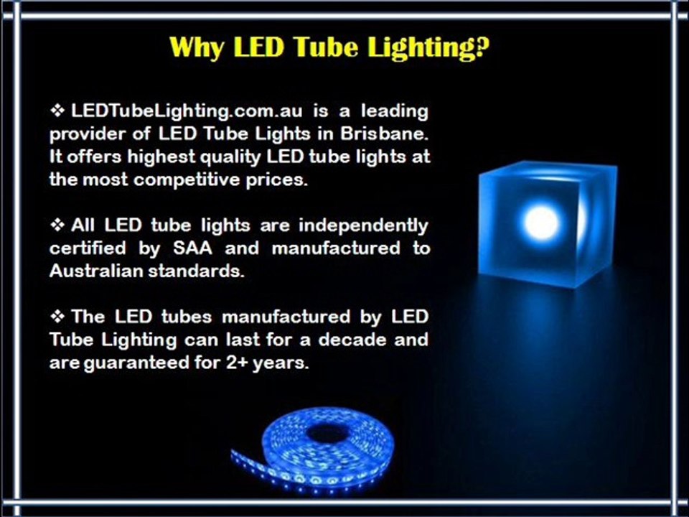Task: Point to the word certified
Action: pyautogui.click(x=83, y=249)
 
